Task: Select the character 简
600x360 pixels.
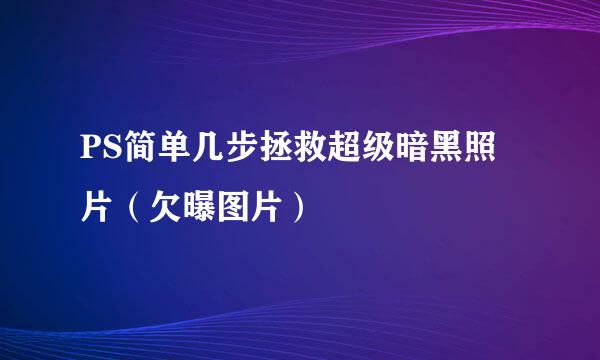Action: click(x=133, y=159)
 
